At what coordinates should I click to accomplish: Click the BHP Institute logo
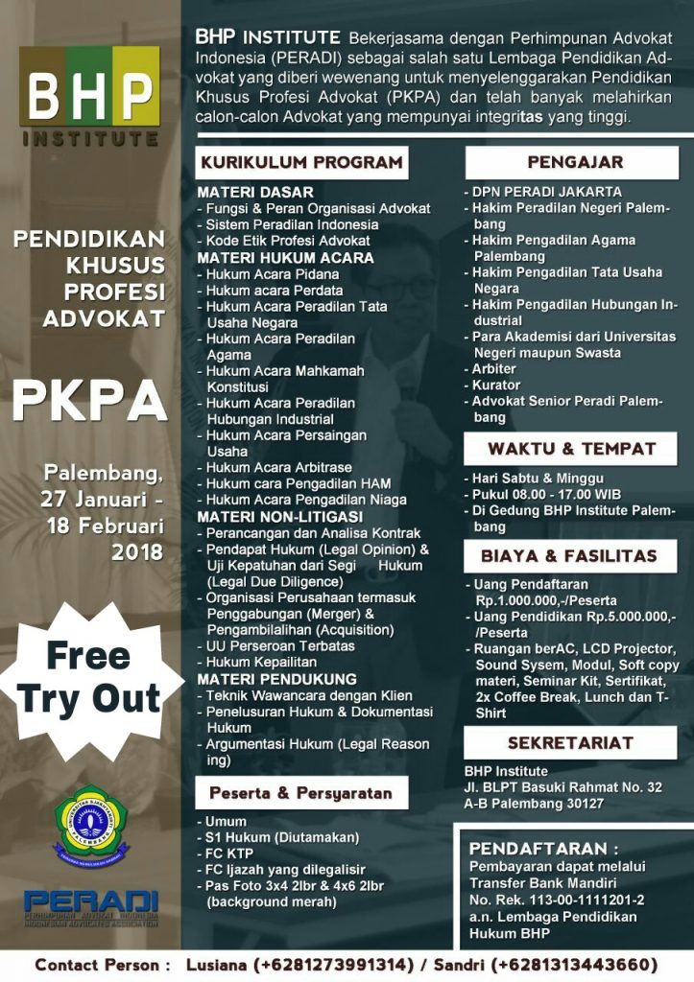[90, 96]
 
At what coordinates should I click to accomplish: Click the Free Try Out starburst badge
[90, 677]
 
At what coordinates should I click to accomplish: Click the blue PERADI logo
[91, 904]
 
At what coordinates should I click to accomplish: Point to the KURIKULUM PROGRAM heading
[300, 162]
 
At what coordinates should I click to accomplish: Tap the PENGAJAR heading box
[574, 162]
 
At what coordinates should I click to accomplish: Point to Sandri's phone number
[575, 964]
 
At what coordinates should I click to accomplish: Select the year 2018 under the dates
[137, 551]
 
